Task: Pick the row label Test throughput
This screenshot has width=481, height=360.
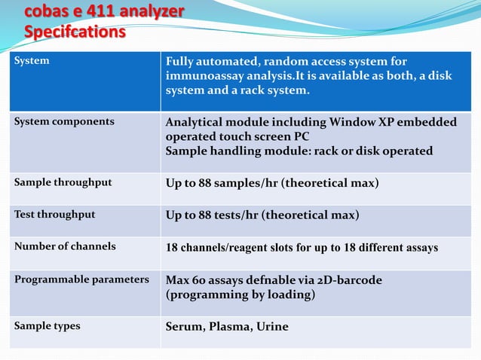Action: (x=55, y=215)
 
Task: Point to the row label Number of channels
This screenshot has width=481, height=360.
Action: (x=65, y=246)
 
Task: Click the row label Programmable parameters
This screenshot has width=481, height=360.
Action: (x=81, y=279)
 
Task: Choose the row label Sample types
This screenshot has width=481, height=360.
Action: (x=47, y=326)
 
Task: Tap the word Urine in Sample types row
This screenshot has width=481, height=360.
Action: (x=272, y=327)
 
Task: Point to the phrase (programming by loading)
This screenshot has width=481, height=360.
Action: (x=240, y=295)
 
